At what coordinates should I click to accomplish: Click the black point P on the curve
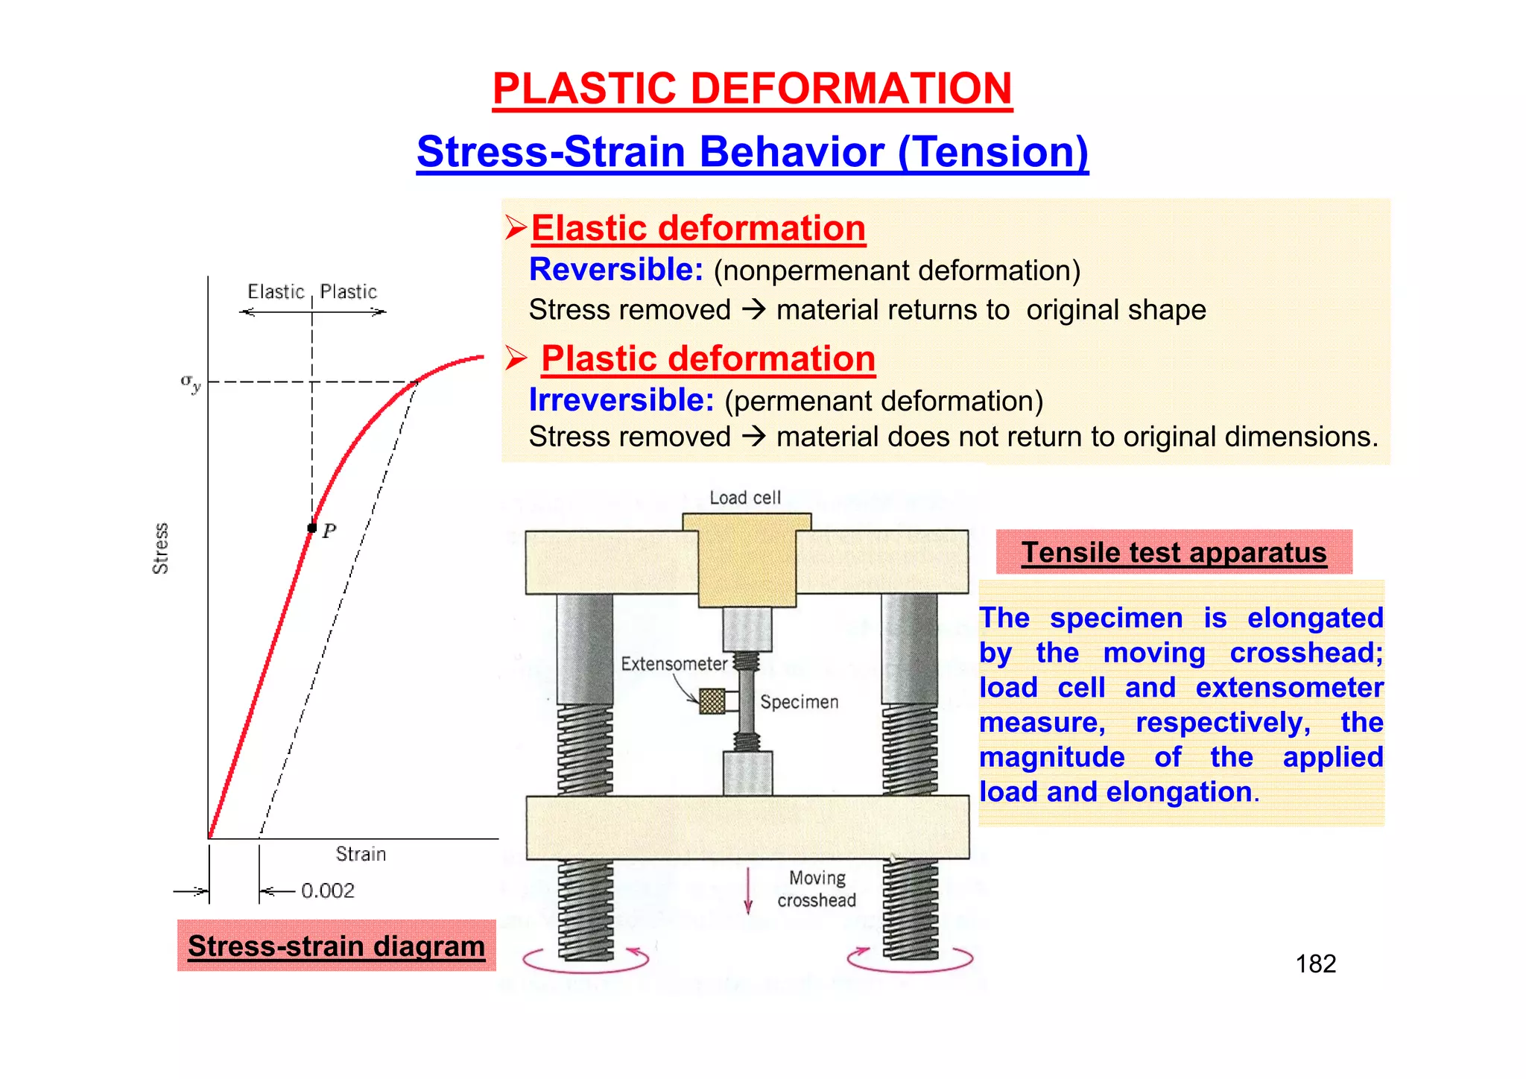pyautogui.click(x=312, y=528)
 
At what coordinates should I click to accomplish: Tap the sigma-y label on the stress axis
pyautogui.click(x=191, y=383)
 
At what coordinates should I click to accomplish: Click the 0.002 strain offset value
pyautogui.click(x=328, y=890)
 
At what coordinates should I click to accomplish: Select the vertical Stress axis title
pyautogui.click(x=160, y=548)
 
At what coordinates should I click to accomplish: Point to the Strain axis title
pyautogui.click(x=361, y=854)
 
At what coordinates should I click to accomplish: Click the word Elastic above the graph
pyautogui.click(x=276, y=291)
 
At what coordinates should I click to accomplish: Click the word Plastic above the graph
pyautogui.click(x=349, y=291)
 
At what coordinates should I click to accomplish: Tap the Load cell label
pyautogui.click(x=745, y=498)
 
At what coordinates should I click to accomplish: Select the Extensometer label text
pyautogui.click(x=674, y=664)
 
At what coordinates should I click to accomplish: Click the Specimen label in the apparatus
pyautogui.click(x=799, y=702)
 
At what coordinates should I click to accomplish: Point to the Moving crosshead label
pyautogui.click(x=817, y=889)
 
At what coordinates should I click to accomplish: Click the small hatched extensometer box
pyautogui.click(x=712, y=701)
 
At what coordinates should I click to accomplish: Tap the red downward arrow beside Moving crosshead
pyautogui.click(x=748, y=890)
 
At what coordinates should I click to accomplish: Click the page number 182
pyautogui.click(x=1315, y=964)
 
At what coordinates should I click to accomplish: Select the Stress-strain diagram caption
pyautogui.click(x=336, y=946)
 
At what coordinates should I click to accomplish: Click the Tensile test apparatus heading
pyautogui.click(x=1174, y=552)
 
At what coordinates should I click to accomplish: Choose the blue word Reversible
pyautogui.click(x=615, y=269)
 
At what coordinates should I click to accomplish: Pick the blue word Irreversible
pyautogui.click(x=621, y=400)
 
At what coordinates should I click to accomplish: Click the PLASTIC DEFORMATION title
pyautogui.click(x=752, y=89)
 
